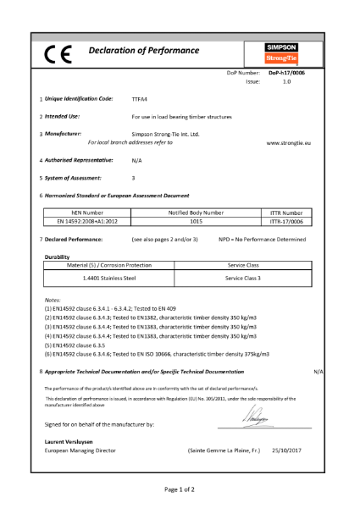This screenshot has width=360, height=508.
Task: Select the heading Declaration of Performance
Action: pos(144,51)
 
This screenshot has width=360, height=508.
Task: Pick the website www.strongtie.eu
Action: pos(289,143)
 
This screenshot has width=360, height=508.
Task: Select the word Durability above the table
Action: pos(57,256)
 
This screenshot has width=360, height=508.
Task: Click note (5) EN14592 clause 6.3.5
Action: pos(80,345)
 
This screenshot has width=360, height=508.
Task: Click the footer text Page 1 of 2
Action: pos(180,489)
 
